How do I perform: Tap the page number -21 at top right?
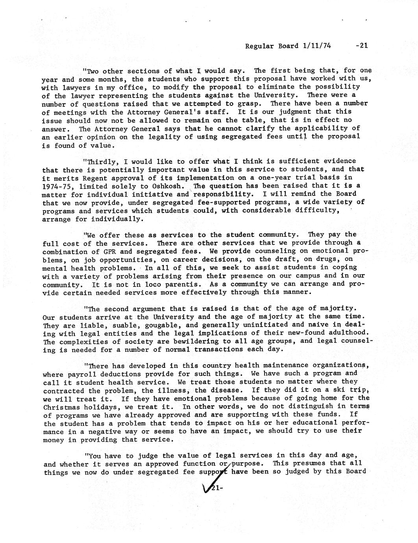click(361, 45)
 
